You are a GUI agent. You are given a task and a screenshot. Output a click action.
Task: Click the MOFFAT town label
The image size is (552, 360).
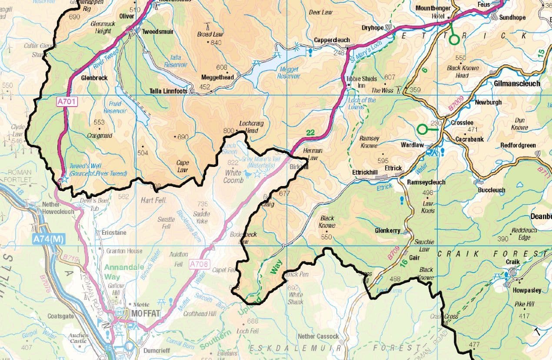pos(144,313)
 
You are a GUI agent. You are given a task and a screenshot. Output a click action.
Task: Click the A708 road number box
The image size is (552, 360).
pos(200,263)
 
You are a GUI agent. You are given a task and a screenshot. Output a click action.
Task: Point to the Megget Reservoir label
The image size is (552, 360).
pos(289,73)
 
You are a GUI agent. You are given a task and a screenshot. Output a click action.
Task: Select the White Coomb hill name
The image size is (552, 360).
pos(233,176)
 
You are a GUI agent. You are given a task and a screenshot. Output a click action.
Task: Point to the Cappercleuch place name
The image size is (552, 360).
pos(332,40)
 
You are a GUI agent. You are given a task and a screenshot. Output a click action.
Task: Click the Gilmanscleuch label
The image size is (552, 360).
pos(517,83)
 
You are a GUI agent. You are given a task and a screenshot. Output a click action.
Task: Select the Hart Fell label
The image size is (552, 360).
pos(152,200)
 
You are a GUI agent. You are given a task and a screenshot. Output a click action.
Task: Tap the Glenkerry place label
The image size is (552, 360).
pos(387,231)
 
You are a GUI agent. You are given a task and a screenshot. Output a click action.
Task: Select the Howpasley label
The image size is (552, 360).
pos(527,290)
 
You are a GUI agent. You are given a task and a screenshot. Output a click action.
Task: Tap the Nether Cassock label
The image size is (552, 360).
pos(318,336)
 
